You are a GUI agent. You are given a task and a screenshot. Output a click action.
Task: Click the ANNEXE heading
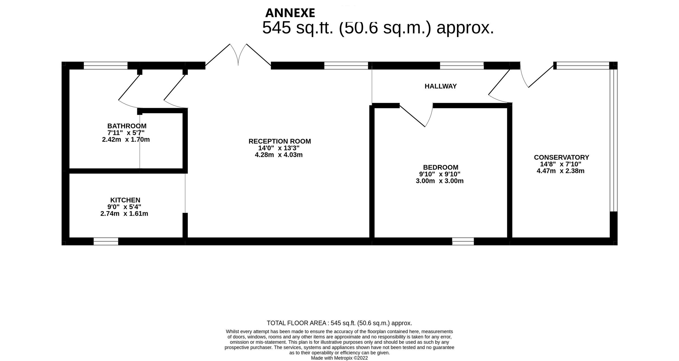click(290, 13)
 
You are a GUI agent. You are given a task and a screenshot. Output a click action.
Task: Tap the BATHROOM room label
click(127, 126)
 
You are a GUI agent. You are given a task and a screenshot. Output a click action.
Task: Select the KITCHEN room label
click(125, 200)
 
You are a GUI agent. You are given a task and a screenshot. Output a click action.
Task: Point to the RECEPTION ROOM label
click(280, 141)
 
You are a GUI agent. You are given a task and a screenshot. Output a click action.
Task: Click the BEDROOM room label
click(441, 167)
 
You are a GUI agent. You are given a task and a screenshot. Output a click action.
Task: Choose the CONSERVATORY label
click(561, 158)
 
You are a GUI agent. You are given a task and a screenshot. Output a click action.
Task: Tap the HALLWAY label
click(441, 87)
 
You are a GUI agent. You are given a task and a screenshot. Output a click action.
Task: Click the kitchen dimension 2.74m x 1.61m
click(124, 214)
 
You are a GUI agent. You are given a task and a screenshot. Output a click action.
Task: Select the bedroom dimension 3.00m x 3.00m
click(439, 181)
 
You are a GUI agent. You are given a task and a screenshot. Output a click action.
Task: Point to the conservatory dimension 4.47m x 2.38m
click(560, 171)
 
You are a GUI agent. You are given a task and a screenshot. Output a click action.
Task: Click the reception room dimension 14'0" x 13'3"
click(279, 148)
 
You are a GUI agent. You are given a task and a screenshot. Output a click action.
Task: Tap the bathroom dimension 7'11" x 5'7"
click(126, 133)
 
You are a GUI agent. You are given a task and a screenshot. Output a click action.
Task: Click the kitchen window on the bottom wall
click(106, 241)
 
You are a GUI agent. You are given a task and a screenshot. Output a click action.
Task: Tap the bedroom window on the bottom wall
click(463, 241)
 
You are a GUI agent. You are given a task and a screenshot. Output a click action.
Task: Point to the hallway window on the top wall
click(462, 66)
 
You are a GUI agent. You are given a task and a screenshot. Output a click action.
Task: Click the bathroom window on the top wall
click(106, 66)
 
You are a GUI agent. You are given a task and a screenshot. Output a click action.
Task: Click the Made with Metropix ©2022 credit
click(339, 358)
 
